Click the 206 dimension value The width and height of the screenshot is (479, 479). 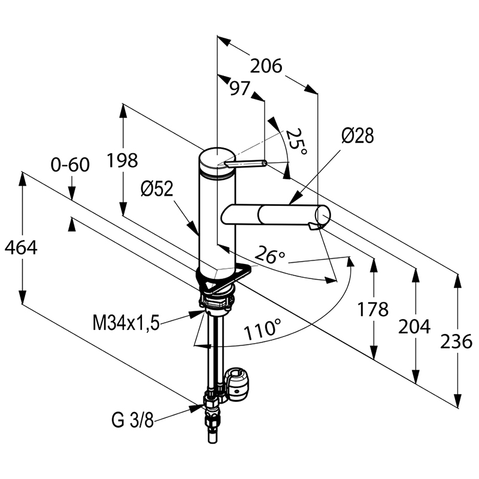coord(266,66)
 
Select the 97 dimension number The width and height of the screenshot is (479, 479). coord(240,89)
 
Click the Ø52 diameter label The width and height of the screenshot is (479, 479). coord(157,189)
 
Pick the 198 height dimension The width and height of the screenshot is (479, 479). coord(122,160)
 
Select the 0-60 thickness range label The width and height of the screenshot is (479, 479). coord(70,165)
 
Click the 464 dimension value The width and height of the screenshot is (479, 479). coord(21,247)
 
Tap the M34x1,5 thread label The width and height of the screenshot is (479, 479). coord(126,323)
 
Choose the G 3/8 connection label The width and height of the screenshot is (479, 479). coord(132,421)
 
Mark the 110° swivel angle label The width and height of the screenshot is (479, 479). coord(263,330)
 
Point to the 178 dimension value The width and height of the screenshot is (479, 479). coord(373,309)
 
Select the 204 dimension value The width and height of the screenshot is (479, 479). coord(414,326)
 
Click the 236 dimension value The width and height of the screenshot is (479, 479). coord(456,341)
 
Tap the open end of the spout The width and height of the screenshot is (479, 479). coord(323,215)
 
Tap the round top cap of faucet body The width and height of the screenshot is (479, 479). coord(217,158)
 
